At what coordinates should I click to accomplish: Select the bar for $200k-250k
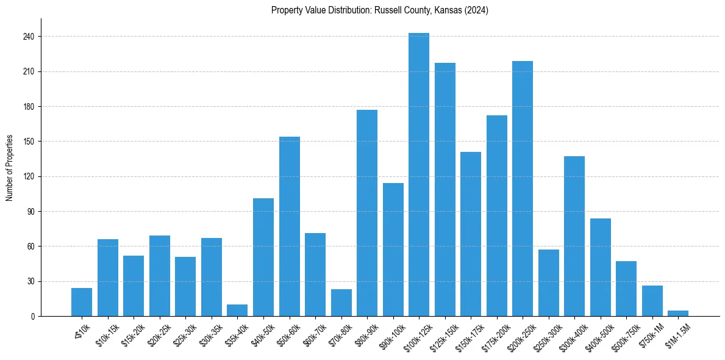523,189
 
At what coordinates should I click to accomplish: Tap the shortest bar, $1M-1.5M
678,314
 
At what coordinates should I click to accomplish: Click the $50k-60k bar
290,226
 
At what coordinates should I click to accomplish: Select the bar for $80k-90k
367,213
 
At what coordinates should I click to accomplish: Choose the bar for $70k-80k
341,303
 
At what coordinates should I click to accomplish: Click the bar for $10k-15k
108,278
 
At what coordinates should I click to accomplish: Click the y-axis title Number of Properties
10,168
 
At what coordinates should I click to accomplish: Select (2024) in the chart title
476,10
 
